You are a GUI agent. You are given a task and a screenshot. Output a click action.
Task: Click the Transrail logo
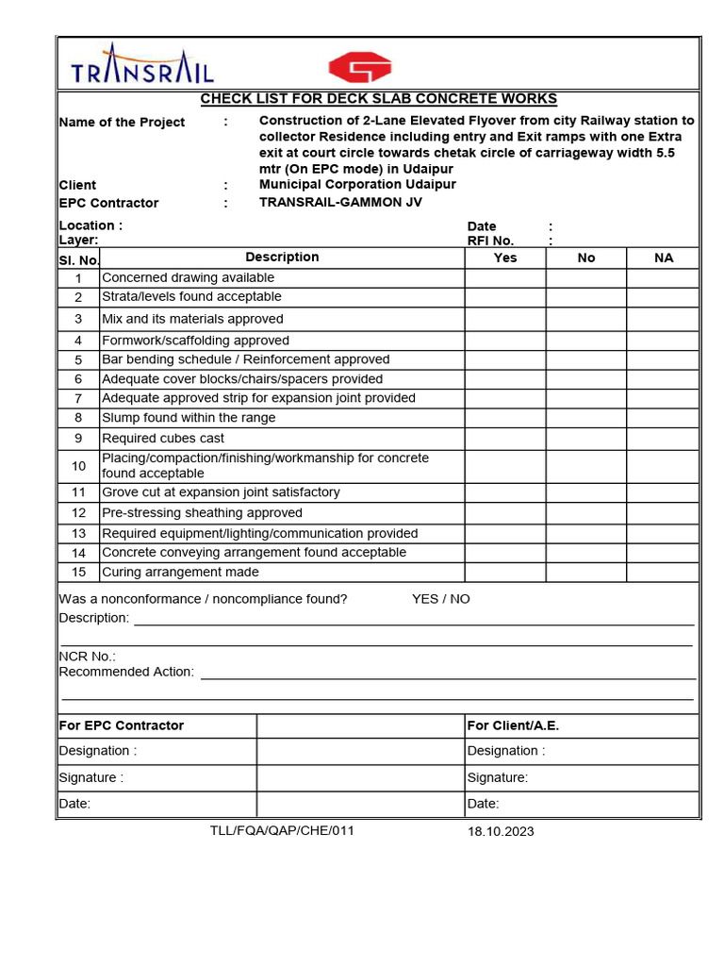tap(142, 65)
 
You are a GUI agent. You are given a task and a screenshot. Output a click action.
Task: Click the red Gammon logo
tap(359, 67)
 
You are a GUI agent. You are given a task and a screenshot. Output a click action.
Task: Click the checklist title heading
tap(378, 99)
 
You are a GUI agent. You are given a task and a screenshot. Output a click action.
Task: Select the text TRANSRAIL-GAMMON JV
tap(340, 203)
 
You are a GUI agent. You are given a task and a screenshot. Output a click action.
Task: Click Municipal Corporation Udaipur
tap(357, 185)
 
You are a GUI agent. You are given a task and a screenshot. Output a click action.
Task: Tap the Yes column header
tap(505, 258)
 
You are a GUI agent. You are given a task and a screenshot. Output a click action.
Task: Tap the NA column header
tap(664, 258)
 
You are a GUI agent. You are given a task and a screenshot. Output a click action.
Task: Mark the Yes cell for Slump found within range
tap(505, 418)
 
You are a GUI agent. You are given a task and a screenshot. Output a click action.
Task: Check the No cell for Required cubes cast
tap(585, 439)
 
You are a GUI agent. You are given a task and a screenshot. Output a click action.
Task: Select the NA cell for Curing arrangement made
tap(664, 573)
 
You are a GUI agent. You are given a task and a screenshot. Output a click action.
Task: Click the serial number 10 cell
tap(79, 466)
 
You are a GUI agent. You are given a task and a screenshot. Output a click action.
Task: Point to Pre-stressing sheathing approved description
tap(202, 513)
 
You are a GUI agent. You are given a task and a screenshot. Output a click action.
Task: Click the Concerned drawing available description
tap(188, 278)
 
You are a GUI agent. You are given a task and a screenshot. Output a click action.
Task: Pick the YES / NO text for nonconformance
tap(440, 599)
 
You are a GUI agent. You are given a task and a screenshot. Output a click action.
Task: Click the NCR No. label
tap(88, 657)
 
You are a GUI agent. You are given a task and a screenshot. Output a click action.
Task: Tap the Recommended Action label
tap(126, 672)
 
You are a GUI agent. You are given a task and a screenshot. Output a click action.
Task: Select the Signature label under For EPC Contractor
tap(91, 778)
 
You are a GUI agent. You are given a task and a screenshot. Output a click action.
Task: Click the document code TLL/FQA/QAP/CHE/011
tap(282, 830)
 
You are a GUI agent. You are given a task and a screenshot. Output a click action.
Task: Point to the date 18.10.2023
tap(501, 831)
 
